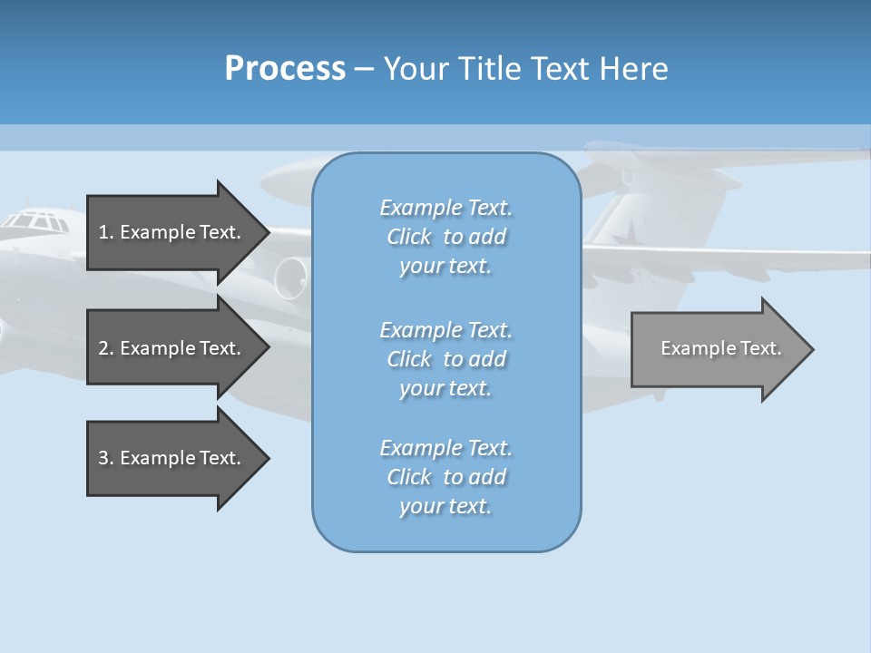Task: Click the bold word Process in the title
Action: [x=285, y=69]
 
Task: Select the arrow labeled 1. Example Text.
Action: [x=170, y=232]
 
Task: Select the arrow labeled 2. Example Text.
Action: [x=170, y=348]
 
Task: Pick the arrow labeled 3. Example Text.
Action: [x=170, y=458]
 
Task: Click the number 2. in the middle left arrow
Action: [x=106, y=348]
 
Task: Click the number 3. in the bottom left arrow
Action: [x=106, y=458]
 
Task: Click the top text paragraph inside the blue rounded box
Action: [x=445, y=237]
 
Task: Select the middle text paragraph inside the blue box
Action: [x=445, y=359]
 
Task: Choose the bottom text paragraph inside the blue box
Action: [x=445, y=477]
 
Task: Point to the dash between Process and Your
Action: [x=364, y=69]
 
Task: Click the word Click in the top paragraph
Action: [x=408, y=237]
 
